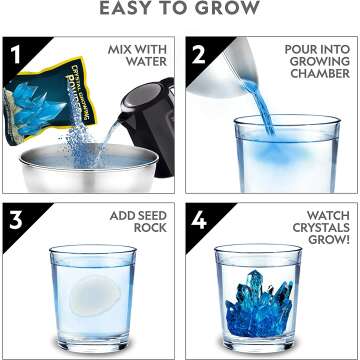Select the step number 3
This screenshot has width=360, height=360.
tap(15, 217)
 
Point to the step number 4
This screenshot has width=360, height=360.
tap(196, 217)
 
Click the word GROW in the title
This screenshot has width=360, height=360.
tap(232, 10)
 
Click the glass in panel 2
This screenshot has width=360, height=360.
tap(270, 150)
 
